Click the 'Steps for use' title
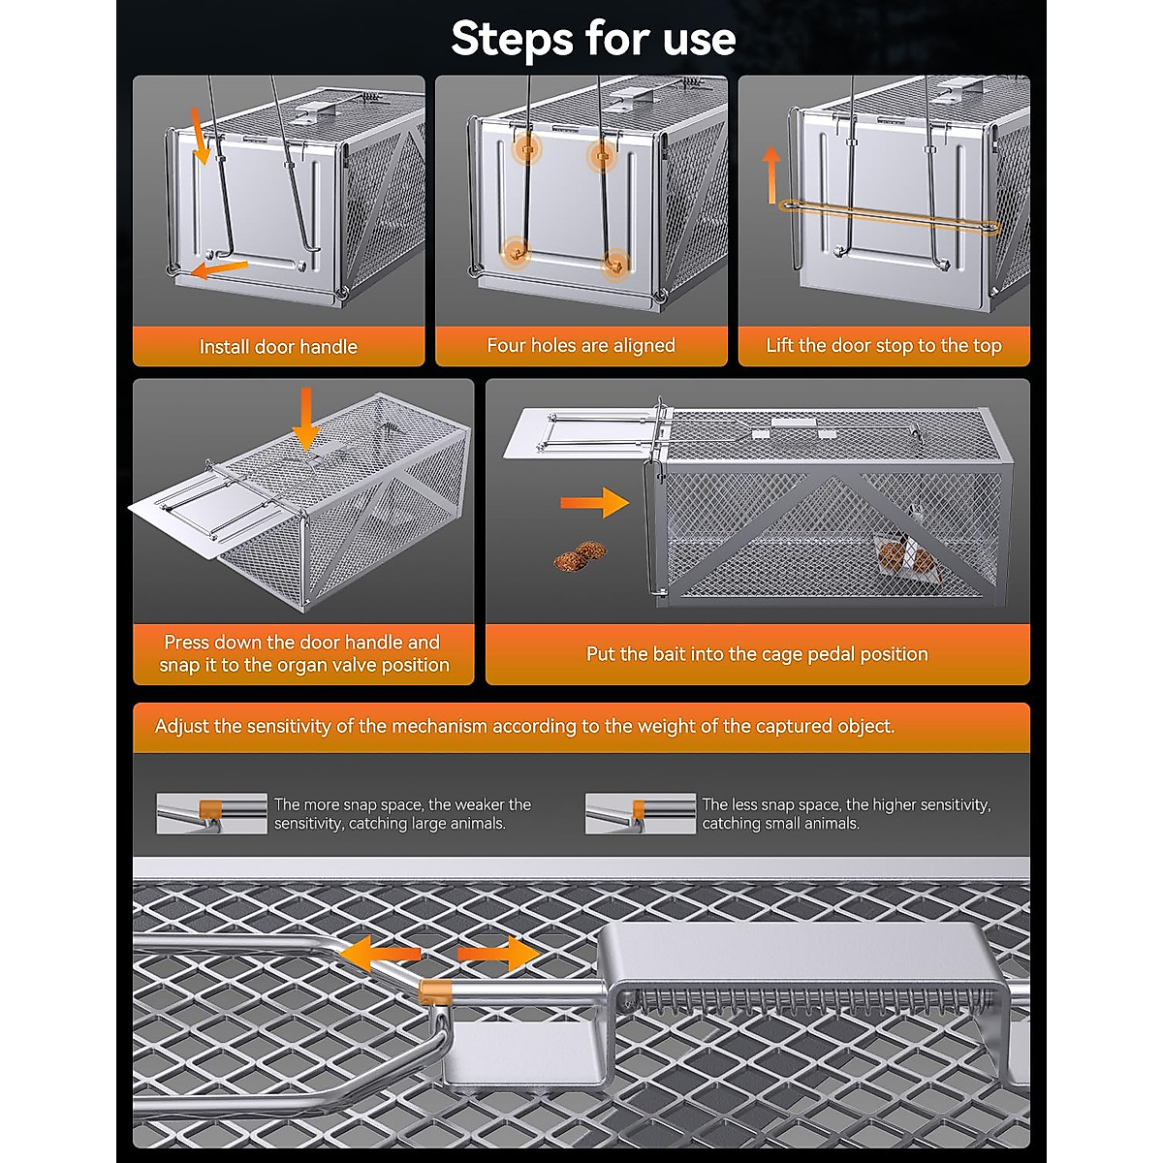(x=593, y=39)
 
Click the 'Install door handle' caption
(x=278, y=347)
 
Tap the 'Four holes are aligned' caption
(x=581, y=346)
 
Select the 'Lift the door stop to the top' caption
(x=883, y=346)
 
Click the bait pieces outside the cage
(x=580, y=556)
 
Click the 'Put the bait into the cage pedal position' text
(x=757, y=654)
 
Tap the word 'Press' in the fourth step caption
(x=187, y=643)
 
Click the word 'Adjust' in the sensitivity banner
(x=184, y=726)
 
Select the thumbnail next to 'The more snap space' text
(x=211, y=813)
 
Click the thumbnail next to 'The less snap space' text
(x=640, y=813)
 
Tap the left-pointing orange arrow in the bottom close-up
(x=379, y=954)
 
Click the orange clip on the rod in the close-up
(x=436, y=990)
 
